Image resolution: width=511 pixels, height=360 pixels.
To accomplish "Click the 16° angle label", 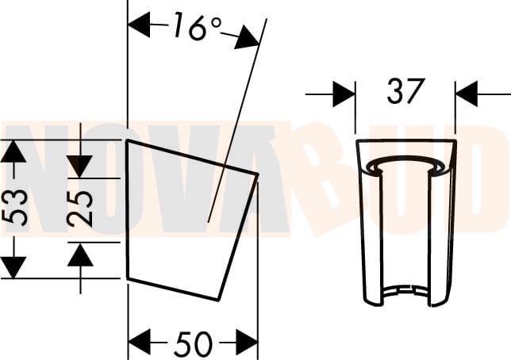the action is [198, 27].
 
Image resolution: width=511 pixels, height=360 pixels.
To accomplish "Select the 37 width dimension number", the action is [405, 91].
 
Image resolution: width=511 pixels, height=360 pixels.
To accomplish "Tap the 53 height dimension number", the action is [14, 208].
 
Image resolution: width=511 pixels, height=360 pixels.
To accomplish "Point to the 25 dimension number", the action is [80, 209].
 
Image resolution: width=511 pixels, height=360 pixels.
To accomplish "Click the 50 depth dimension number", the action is [194, 343].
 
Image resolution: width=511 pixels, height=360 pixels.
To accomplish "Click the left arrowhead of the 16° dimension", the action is [139, 25].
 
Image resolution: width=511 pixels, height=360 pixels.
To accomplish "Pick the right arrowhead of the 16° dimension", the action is [248, 38].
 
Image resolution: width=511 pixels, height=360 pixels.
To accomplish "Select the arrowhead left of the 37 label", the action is [344, 94].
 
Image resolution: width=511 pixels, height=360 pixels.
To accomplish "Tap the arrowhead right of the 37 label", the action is [467, 94].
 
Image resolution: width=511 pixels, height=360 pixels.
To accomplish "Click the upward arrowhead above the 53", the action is [13, 151].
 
